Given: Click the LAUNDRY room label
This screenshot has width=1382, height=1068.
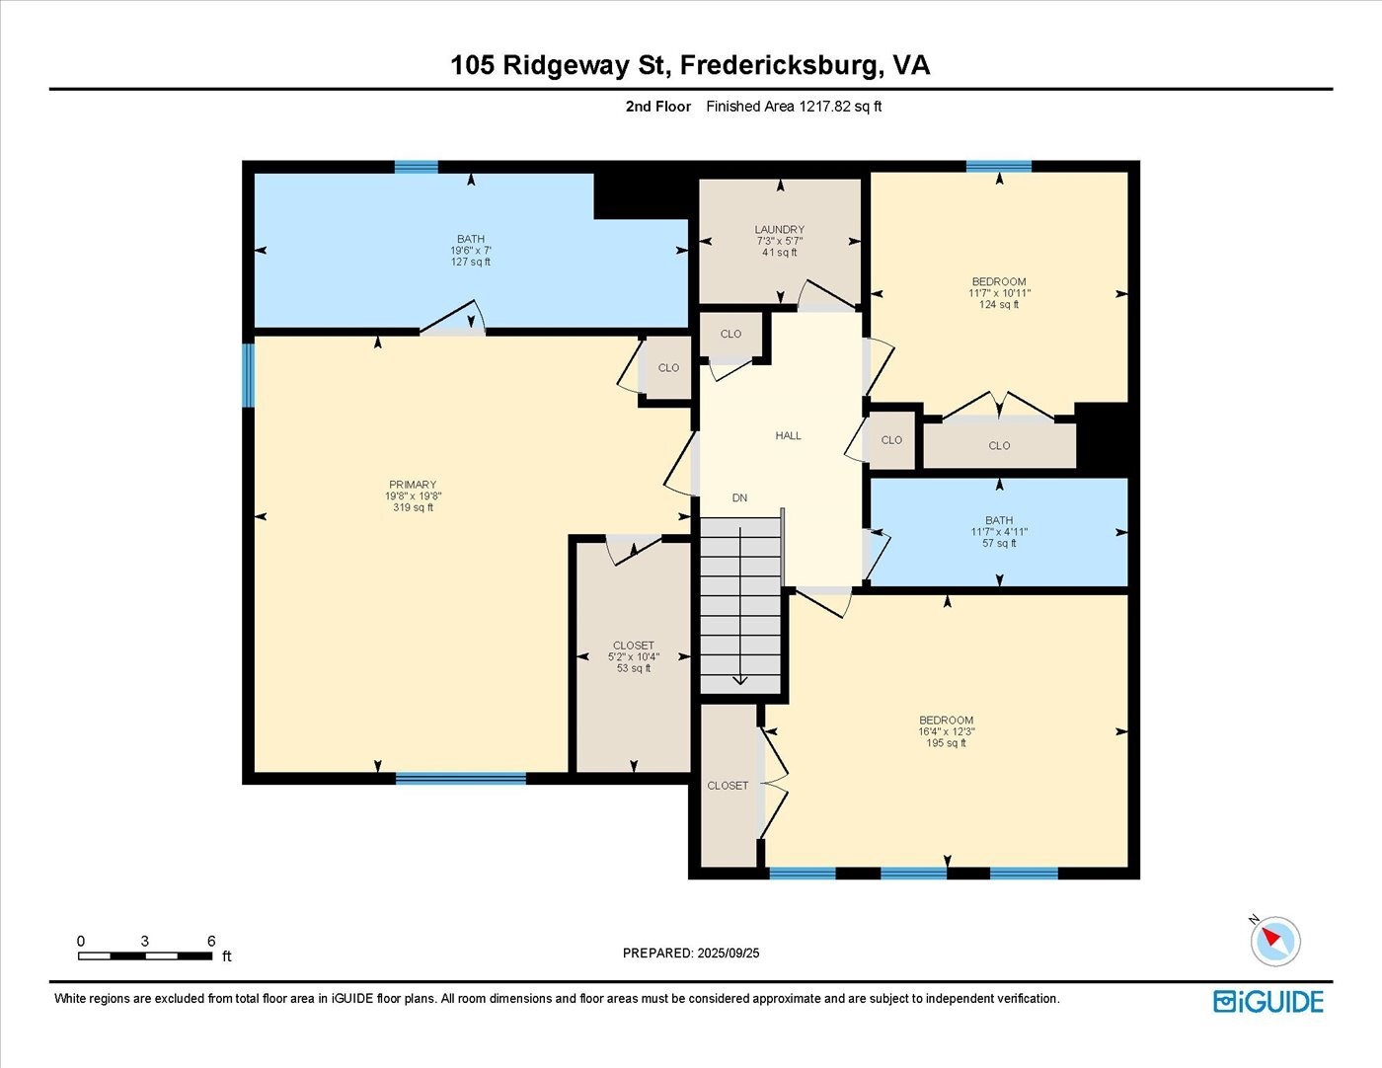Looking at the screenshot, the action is point(779,230).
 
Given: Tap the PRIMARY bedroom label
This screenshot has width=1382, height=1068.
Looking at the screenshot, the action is point(413,485).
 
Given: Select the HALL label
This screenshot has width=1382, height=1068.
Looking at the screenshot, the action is point(788,435).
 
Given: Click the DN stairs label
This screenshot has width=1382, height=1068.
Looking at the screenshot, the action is point(739,498).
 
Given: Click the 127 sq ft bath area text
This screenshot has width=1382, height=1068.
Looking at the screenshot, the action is point(471,262).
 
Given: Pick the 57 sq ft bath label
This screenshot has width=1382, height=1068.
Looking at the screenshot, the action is point(999,543).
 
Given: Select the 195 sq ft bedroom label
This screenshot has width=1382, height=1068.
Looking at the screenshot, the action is point(946,743).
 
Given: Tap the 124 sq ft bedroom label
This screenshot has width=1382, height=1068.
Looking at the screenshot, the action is point(999,305).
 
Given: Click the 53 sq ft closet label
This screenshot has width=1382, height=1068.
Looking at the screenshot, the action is point(634,668).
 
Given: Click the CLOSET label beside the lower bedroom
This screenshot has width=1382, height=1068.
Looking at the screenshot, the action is point(728,786).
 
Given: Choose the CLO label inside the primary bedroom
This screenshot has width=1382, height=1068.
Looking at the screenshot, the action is point(668,368).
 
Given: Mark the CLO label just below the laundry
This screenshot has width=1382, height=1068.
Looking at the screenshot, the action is point(730,335).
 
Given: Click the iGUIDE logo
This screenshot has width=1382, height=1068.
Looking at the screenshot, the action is point(1268,1002).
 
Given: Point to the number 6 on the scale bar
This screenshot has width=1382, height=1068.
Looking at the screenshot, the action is point(211,941).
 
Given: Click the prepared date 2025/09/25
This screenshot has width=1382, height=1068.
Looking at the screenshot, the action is point(729,954).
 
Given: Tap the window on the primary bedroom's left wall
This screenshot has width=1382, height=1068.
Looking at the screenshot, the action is point(248,375).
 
